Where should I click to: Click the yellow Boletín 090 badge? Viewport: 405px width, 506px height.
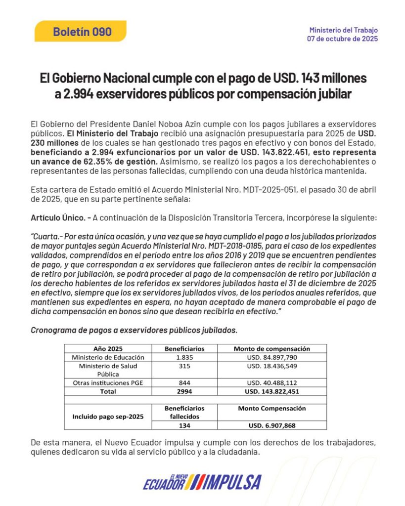point(82,32)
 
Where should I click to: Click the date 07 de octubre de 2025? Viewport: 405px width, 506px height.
point(342,39)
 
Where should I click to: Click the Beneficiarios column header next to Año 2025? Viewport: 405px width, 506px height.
point(184,348)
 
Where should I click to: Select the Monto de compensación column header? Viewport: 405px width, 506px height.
point(271,348)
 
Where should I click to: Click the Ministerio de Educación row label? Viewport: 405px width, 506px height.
point(108,357)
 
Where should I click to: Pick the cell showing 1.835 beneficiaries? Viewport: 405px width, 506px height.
point(184,357)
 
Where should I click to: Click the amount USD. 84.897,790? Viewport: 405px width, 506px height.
point(271,357)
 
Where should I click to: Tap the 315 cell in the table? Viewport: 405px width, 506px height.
point(184,366)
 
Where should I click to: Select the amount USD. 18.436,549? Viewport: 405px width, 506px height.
point(271,366)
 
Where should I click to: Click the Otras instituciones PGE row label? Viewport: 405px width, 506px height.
point(108,383)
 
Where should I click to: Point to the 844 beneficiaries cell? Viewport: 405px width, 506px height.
point(184,383)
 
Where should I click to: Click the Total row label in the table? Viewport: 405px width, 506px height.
point(108,391)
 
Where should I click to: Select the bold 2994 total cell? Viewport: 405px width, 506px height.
point(184,391)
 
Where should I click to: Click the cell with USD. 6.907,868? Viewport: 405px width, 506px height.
point(271,425)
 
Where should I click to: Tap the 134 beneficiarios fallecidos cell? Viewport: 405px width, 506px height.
point(184,425)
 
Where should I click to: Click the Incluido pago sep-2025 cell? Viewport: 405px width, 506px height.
point(108,417)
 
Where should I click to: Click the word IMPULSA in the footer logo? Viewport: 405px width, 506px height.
point(232,482)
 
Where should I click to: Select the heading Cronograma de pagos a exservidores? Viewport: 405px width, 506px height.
point(134,330)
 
